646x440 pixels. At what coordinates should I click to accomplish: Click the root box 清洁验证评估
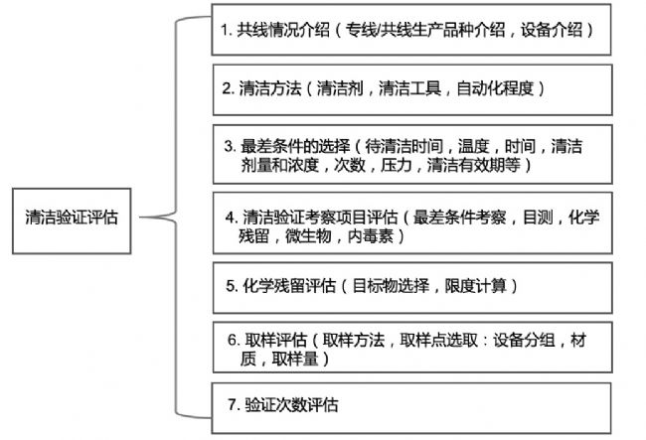click(72, 218)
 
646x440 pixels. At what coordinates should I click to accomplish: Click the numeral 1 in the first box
click(226, 31)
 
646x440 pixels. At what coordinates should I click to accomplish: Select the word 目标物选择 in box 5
click(390, 286)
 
